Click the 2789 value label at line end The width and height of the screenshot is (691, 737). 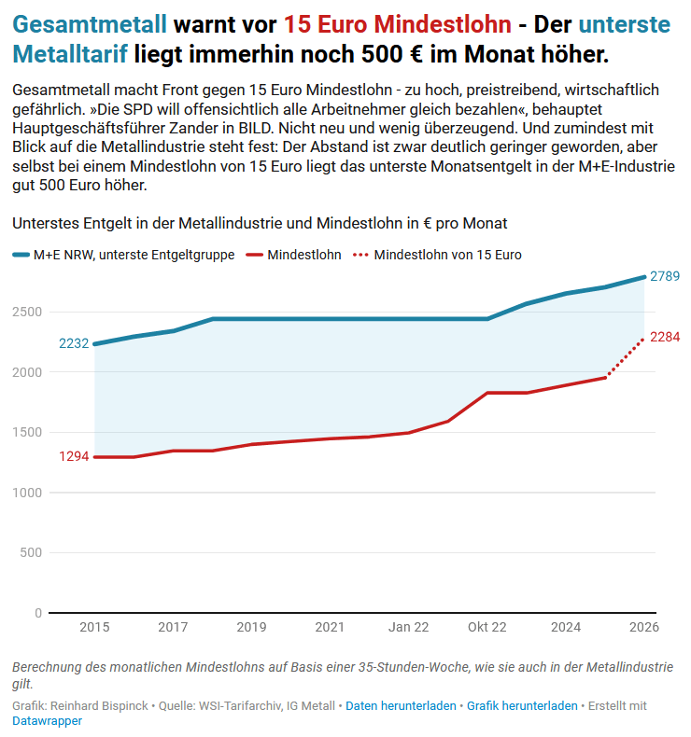[x=664, y=276]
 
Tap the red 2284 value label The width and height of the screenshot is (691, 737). [x=664, y=337]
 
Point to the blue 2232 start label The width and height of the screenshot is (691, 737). [x=74, y=343]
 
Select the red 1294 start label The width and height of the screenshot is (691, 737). [x=74, y=456]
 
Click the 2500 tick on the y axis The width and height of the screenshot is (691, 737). [x=27, y=312]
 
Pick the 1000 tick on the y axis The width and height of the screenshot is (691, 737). [x=27, y=493]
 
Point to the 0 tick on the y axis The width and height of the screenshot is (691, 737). [x=38, y=613]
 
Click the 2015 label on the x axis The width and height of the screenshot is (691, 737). [x=94, y=628]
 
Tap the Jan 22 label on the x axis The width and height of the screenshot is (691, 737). [x=409, y=628]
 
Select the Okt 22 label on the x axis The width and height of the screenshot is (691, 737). [x=487, y=628]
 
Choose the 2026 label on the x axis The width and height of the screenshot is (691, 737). [x=644, y=628]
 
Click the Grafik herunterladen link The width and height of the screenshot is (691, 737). [x=522, y=706]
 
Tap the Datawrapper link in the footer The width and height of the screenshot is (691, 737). [x=47, y=721]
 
